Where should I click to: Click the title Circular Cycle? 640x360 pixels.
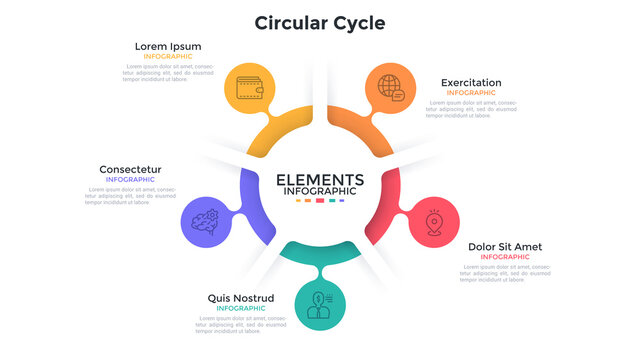pos(319,22)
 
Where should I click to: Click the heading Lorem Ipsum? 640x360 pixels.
pos(168,46)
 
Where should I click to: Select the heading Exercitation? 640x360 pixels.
pos(471,83)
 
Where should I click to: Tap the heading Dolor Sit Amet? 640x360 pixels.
pos(505,246)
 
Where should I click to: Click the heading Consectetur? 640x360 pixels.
pos(130,169)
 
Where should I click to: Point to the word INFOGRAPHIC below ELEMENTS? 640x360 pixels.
pos(319,191)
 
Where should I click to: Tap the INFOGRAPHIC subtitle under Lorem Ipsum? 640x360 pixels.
pos(168,57)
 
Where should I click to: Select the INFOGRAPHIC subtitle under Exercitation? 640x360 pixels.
pos(471,93)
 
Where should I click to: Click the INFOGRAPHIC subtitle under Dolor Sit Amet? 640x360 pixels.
pos(505,257)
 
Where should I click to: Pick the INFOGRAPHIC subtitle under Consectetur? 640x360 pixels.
pos(130,180)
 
